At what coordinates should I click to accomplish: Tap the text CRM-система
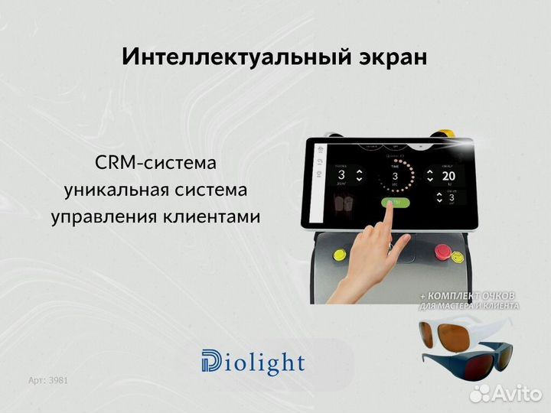click(x=155, y=163)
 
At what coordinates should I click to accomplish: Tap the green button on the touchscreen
click(x=392, y=203)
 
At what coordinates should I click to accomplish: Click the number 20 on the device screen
click(x=448, y=176)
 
